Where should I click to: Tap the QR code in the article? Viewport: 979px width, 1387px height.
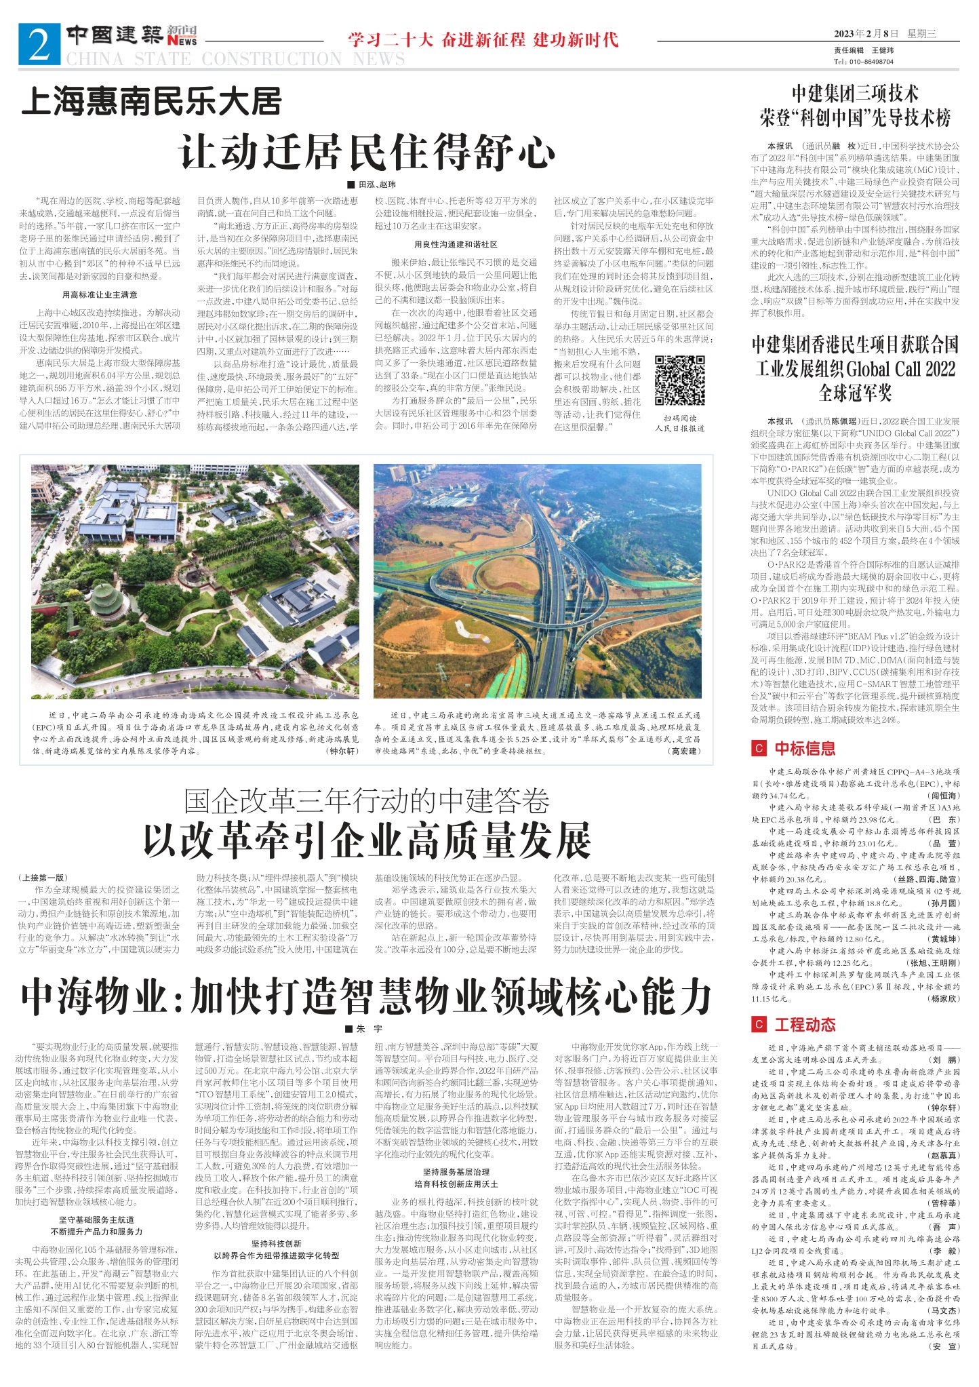pos(679,381)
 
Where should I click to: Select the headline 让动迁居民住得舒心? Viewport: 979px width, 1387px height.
pos(367,152)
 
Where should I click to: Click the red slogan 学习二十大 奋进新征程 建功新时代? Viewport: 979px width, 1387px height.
pos(483,39)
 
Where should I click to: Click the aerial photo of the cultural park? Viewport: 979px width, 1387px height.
pos(195,581)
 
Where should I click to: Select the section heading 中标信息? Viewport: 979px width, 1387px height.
pos(805,749)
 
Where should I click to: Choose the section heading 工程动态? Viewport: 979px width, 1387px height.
pos(805,1025)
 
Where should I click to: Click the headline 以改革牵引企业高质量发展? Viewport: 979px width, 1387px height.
pos(367,842)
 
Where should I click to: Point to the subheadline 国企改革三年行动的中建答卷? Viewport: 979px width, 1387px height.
pos(367,801)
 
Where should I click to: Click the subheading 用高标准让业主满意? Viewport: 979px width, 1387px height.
pos(100,295)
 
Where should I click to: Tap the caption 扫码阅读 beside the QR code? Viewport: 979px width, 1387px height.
pos(679,418)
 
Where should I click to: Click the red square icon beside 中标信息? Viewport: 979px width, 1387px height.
pos(758,749)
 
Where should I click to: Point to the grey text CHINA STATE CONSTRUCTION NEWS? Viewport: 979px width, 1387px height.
pos(235,59)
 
